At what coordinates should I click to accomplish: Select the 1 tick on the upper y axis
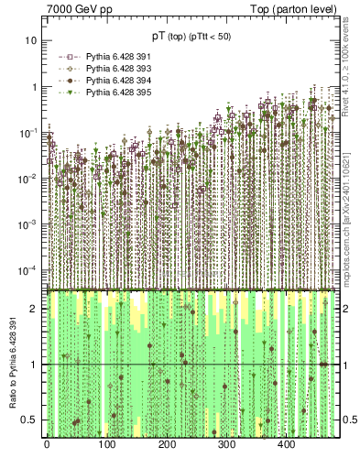pos(35,87)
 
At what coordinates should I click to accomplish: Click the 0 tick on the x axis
pos(47,445)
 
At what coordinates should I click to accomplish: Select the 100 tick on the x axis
pos(106,445)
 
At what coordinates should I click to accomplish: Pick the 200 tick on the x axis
pos(166,445)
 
